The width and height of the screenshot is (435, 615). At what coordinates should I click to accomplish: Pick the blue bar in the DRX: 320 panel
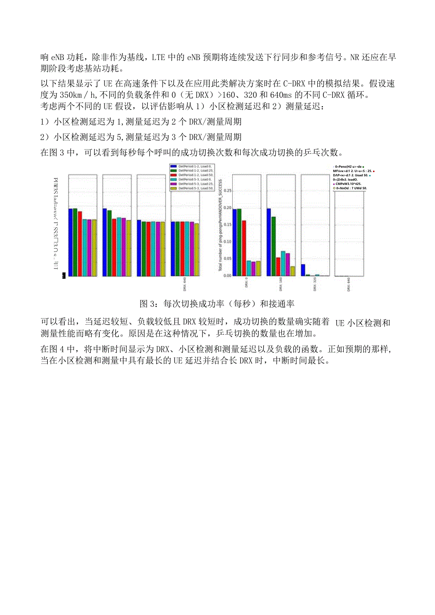click(x=303, y=269)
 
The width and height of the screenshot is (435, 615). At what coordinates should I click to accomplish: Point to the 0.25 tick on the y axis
click(x=227, y=191)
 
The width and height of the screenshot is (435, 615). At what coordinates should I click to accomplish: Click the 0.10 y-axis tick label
click(x=227, y=242)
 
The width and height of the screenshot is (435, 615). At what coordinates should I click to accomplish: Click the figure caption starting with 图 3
click(x=217, y=303)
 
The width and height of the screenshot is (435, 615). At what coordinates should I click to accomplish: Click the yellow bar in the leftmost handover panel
click(x=94, y=248)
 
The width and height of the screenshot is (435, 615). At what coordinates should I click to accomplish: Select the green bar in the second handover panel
click(x=109, y=243)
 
